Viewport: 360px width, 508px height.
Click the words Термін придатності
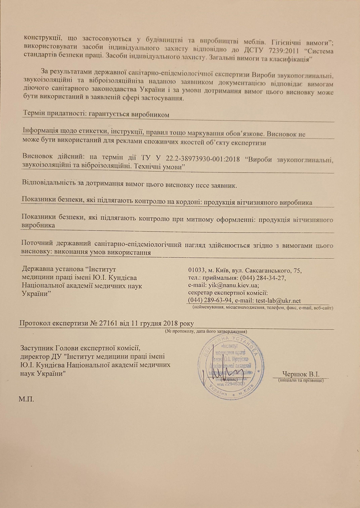(x=48, y=114)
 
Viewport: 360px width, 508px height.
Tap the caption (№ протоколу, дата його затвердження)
(x=206, y=331)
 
